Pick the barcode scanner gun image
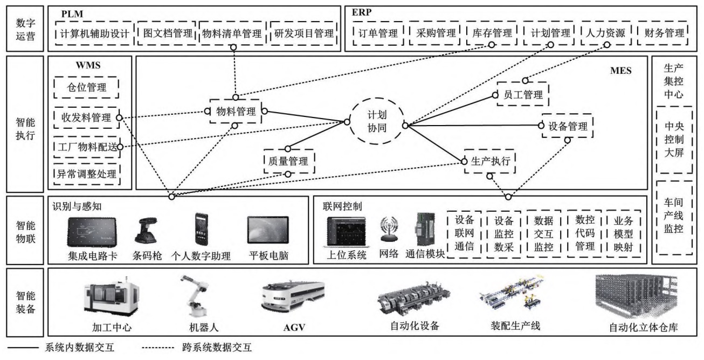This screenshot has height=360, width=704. click(x=146, y=232)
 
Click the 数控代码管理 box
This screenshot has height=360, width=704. click(x=585, y=233)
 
